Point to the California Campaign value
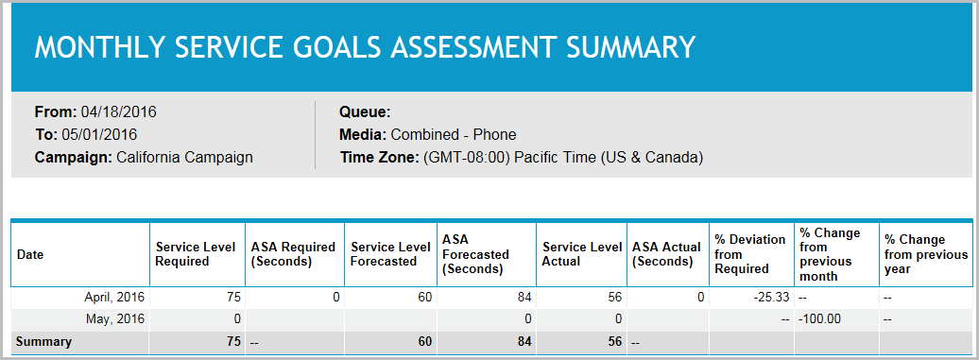184,157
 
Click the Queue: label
365,111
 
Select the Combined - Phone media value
454,134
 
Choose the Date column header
30,254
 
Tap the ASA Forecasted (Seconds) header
474,254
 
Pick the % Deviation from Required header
749,254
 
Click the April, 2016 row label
115,297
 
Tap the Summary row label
43,341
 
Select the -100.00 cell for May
819,318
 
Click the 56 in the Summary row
614,341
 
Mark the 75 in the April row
232,297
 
